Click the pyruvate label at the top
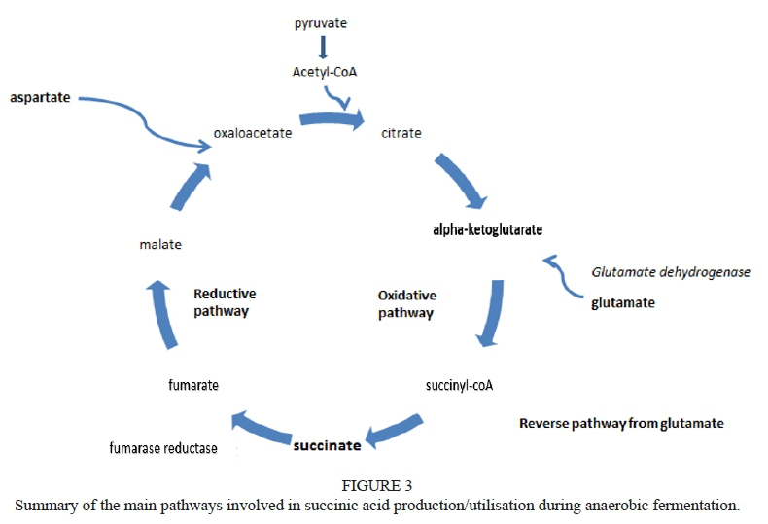pos(322,22)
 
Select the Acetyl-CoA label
pos(323,72)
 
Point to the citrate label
pos(401,133)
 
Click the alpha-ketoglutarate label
pos(487,230)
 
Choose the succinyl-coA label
pos(460,385)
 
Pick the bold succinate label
pos(328,445)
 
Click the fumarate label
pos(193,385)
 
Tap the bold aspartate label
pos(40,99)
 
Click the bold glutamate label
pos(623,302)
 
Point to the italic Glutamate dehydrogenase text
pos(672,272)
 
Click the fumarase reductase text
pos(162,448)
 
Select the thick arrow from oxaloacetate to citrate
pos(332,120)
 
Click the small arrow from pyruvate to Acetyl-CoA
pos(323,48)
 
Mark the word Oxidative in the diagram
pos(406,296)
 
